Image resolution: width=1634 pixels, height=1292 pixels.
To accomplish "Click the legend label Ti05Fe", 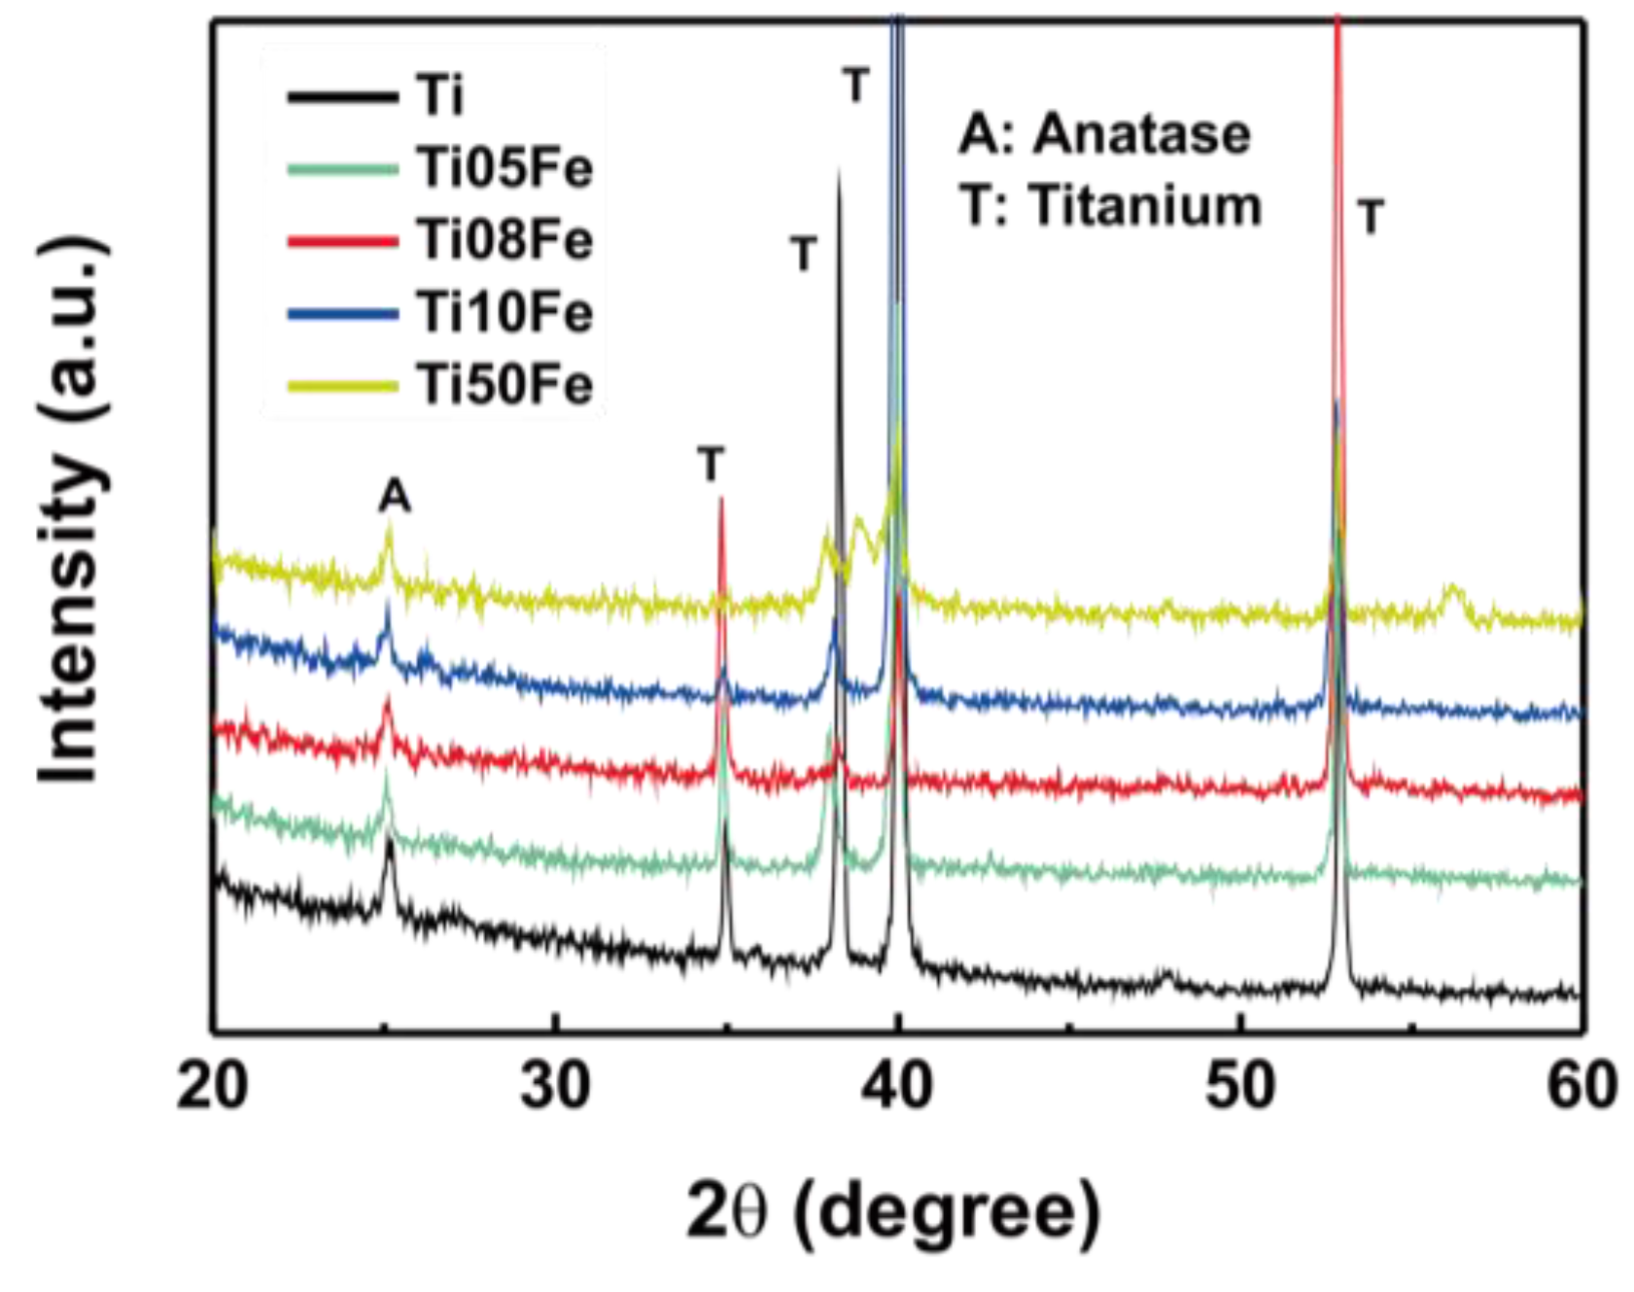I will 504,168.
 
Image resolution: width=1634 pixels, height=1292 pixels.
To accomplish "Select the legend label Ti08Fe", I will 504,240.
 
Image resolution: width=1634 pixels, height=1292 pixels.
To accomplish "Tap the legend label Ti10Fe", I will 504,313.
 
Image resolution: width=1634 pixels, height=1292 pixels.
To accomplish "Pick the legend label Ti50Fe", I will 504,385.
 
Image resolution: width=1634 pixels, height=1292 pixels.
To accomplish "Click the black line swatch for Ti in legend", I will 342,96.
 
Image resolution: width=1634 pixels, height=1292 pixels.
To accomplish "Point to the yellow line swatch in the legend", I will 342,386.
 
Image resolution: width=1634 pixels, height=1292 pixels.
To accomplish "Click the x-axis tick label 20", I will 213,1086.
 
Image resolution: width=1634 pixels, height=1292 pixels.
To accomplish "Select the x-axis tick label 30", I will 555,1086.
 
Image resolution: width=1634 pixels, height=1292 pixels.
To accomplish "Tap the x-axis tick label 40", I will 897,1086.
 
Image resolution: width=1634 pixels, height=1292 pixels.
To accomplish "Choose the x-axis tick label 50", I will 1240,1086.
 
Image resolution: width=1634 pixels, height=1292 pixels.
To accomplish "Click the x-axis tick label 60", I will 1582,1086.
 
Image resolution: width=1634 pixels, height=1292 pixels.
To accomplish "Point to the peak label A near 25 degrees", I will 395,498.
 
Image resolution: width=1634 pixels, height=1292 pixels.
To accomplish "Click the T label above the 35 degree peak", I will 712,465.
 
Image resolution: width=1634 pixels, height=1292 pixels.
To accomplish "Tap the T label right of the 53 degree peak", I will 1371,217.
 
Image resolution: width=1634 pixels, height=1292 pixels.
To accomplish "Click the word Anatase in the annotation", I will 1141,134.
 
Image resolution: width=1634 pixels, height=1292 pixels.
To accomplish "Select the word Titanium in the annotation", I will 1146,206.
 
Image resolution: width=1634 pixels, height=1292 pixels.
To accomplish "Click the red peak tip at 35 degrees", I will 721,500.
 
